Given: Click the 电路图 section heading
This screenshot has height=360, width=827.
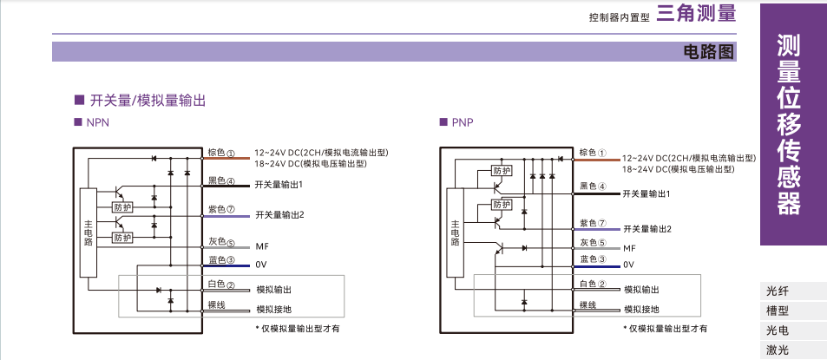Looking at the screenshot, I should pos(710,51).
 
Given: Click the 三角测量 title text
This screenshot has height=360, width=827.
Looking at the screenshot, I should pos(696,13).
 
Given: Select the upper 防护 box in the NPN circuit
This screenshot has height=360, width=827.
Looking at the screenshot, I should pos(122,207).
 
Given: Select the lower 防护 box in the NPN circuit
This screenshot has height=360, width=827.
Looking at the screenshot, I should pos(122,237).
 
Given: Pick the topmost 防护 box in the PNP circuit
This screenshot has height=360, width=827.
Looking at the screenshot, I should pos(502,171).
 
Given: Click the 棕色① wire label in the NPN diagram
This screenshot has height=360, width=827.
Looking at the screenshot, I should pos(221,154).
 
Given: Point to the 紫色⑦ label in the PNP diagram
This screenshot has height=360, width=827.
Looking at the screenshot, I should pos(592,223).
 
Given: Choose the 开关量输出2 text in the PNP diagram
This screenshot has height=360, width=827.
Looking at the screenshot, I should pos(647,229).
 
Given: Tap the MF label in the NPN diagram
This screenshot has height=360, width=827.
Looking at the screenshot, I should pos(261,246).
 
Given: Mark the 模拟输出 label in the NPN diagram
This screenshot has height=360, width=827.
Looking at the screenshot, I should pos(274,289).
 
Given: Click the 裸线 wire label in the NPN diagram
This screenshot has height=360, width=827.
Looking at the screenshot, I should pos(216,305).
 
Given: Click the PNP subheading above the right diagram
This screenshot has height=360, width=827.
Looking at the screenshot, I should pos(462,123).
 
